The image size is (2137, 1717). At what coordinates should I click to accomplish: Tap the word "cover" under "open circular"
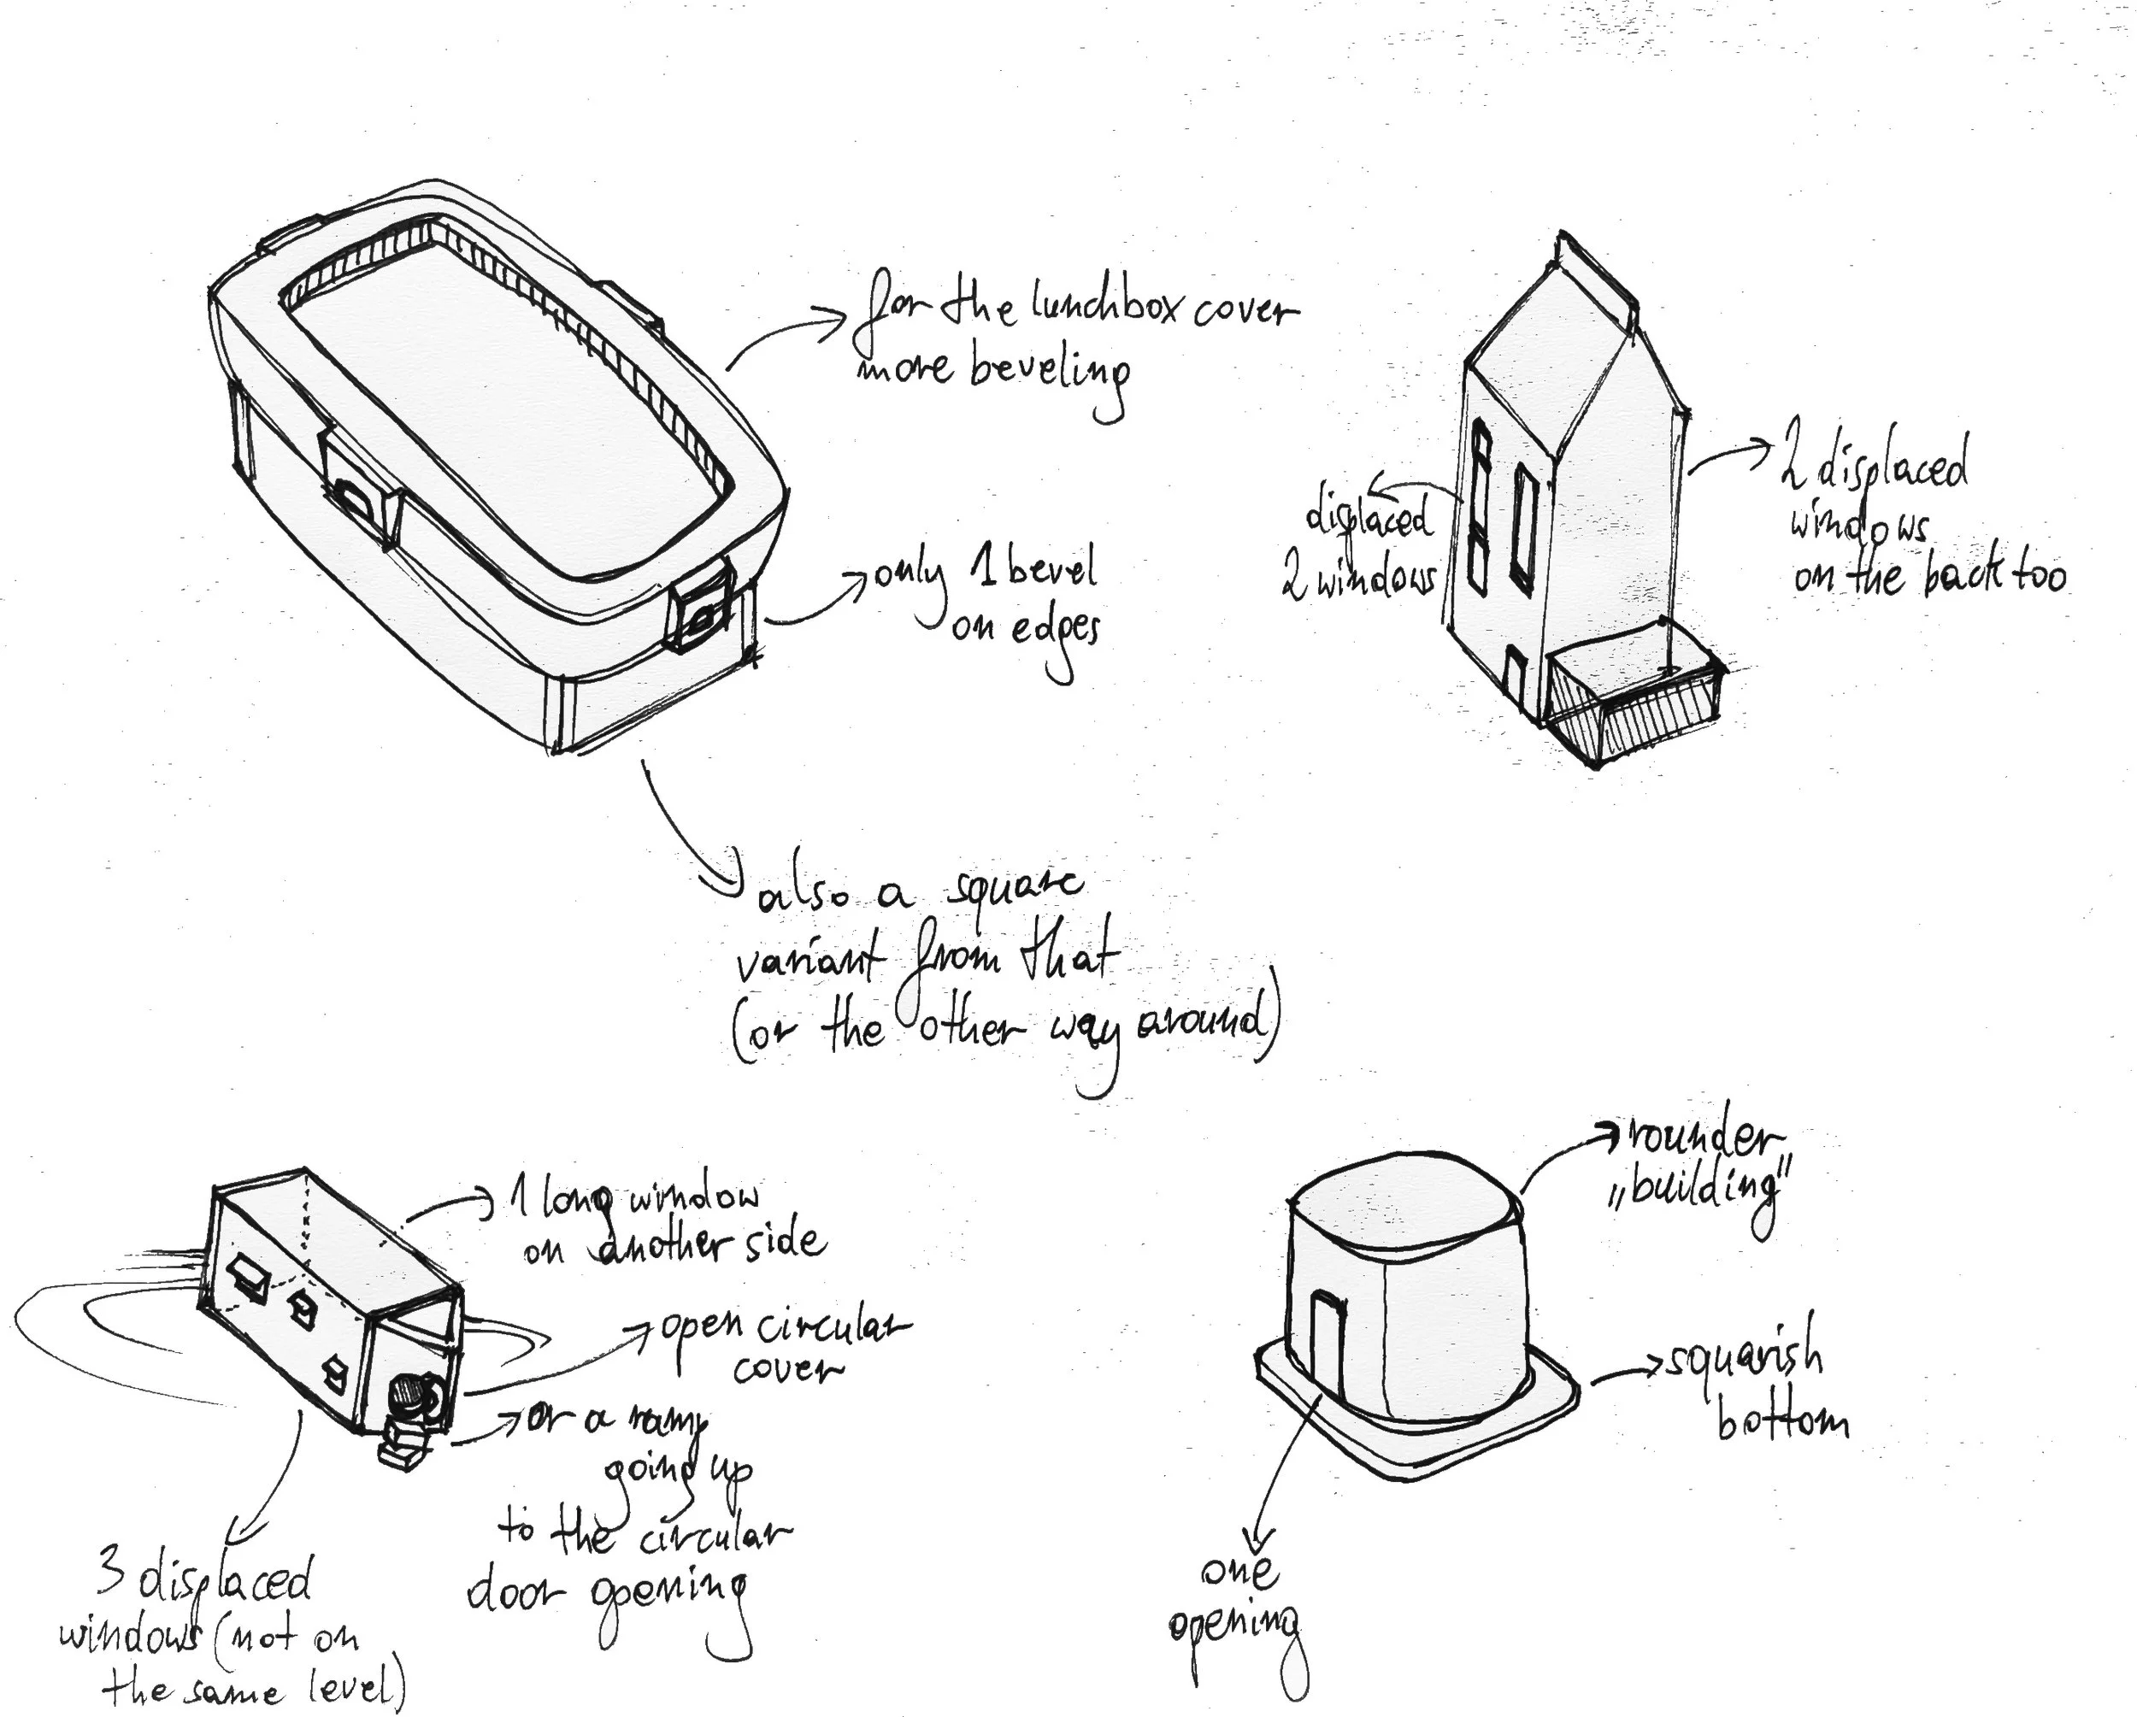click(788, 1370)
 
